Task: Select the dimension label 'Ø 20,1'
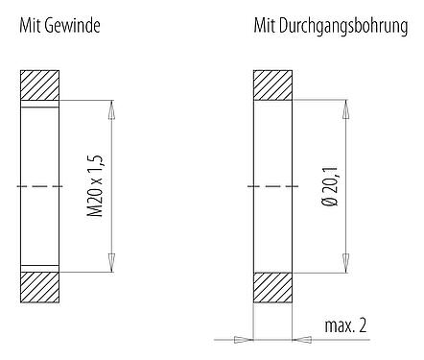pyautogui.click(x=330, y=185)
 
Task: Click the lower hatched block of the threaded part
pyautogui.click(x=40, y=285)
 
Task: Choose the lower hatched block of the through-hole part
pyautogui.click(x=273, y=285)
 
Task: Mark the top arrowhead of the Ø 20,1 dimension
pyautogui.click(x=347, y=105)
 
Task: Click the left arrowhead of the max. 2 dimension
pyautogui.click(x=245, y=338)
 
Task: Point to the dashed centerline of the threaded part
pyautogui.click(x=40, y=185)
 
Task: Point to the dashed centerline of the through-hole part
pyautogui.click(x=273, y=185)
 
